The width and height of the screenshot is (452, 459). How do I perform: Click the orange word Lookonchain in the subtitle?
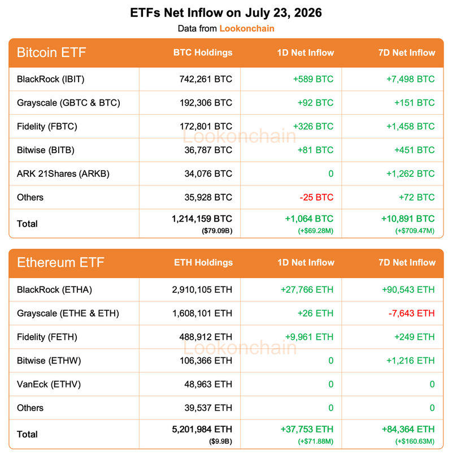pyautogui.click(x=247, y=28)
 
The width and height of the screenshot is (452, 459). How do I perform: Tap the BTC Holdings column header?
pyautogui.click(x=203, y=53)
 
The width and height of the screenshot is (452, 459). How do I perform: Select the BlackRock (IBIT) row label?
pyautogui.click(x=51, y=79)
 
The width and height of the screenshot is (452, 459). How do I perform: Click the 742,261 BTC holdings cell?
pyautogui.click(x=206, y=79)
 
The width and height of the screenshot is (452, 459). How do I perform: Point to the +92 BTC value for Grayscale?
pyautogui.click(x=315, y=103)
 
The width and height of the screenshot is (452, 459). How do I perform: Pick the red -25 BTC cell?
pyautogui.click(x=316, y=197)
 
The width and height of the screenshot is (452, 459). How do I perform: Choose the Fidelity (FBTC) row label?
pyautogui.click(x=47, y=127)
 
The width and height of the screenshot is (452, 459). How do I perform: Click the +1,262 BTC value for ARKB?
pyautogui.click(x=410, y=174)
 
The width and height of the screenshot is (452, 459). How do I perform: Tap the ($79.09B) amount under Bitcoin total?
pyautogui.click(x=217, y=231)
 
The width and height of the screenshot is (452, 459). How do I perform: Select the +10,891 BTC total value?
pyautogui.click(x=408, y=219)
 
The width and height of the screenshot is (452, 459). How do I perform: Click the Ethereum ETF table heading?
pyautogui.click(x=60, y=263)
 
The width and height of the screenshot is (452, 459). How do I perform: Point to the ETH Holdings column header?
pyautogui.click(x=203, y=263)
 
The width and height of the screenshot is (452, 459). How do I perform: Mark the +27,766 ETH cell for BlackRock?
pyautogui.click(x=307, y=290)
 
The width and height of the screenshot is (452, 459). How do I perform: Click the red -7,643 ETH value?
pyautogui.click(x=411, y=314)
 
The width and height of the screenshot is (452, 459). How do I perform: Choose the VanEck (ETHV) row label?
pyautogui.click(x=49, y=384)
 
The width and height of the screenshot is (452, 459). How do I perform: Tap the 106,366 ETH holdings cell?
pyautogui.click(x=206, y=361)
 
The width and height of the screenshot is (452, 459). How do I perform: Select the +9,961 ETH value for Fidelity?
pyautogui.click(x=309, y=337)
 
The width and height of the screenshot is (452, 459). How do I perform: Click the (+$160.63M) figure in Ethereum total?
pyautogui.click(x=415, y=441)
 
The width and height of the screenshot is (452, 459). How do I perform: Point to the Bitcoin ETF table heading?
pyautogui.click(x=51, y=53)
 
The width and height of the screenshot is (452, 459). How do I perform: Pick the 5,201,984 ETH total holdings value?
pyautogui.click(x=202, y=429)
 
